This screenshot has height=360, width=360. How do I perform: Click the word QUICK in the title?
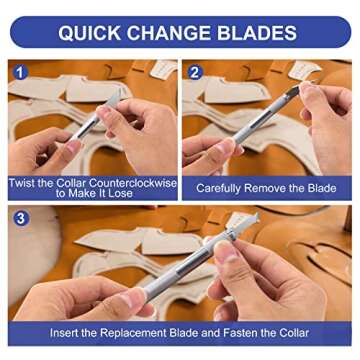click(89, 33)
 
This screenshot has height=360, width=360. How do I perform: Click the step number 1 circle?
click(21, 73)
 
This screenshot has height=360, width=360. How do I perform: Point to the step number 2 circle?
click(195, 73)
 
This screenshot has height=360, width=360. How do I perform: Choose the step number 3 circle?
click(21, 219)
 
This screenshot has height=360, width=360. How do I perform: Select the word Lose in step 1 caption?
click(121, 193)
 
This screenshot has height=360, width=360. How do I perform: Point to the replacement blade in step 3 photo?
click(243, 221)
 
